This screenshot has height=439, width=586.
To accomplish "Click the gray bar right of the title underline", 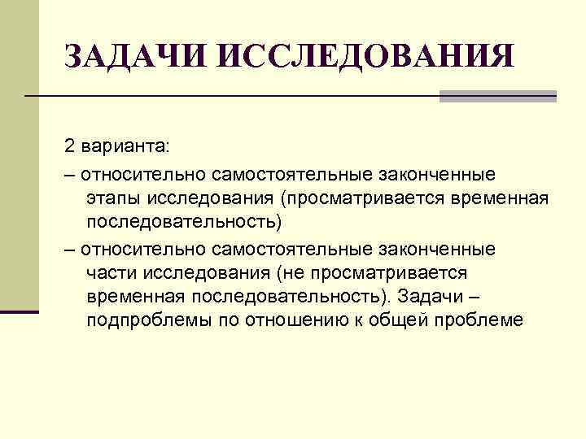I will click(x=498, y=96).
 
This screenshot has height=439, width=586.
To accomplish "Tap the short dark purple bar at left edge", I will click(x=20, y=311).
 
